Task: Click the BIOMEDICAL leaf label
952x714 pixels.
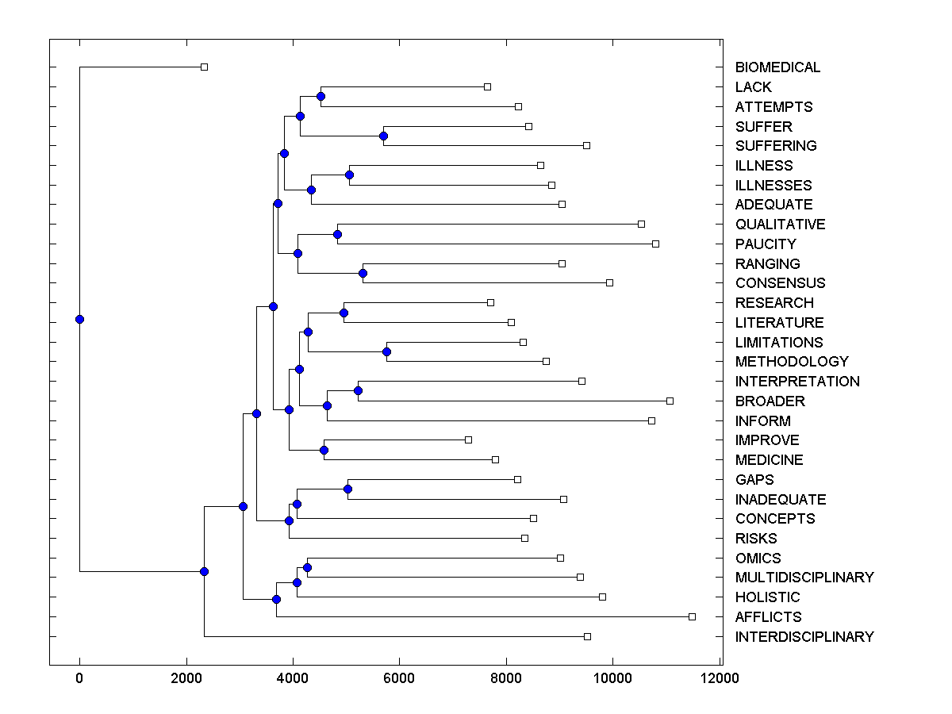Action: (x=777, y=67)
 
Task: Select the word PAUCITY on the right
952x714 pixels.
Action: (x=766, y=244)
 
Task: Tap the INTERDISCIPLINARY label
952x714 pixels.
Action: (x=804, y=636)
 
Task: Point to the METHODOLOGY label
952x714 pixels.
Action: (x=792, y=362)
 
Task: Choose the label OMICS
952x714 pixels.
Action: (x=758, y=558)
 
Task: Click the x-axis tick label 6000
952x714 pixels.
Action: (x=399, y=678)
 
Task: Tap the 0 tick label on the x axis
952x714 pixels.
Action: (x=79, y=678)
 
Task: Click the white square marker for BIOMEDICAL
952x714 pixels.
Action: (x=204, y=67)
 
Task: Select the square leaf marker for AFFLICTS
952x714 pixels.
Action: (x=692, y=616)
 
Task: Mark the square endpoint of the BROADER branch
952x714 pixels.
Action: (x=670, y=401)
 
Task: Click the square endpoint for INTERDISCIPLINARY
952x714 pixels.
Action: (x=587, y=636)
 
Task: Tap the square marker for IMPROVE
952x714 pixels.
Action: (x=468, y=440)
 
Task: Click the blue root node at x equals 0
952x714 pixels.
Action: (x=79, y=319)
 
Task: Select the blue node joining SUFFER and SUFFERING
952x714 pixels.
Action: (x=383, y=136)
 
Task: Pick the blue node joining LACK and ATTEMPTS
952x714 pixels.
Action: (x=321, y=97)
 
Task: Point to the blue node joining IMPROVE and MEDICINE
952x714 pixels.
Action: (x=324, y=450)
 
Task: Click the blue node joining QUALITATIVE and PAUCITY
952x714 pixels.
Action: (x=337, y=234)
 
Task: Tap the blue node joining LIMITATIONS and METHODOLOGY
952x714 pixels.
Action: (x=387, y=351)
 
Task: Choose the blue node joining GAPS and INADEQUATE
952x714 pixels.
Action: (x=347, y=489)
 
